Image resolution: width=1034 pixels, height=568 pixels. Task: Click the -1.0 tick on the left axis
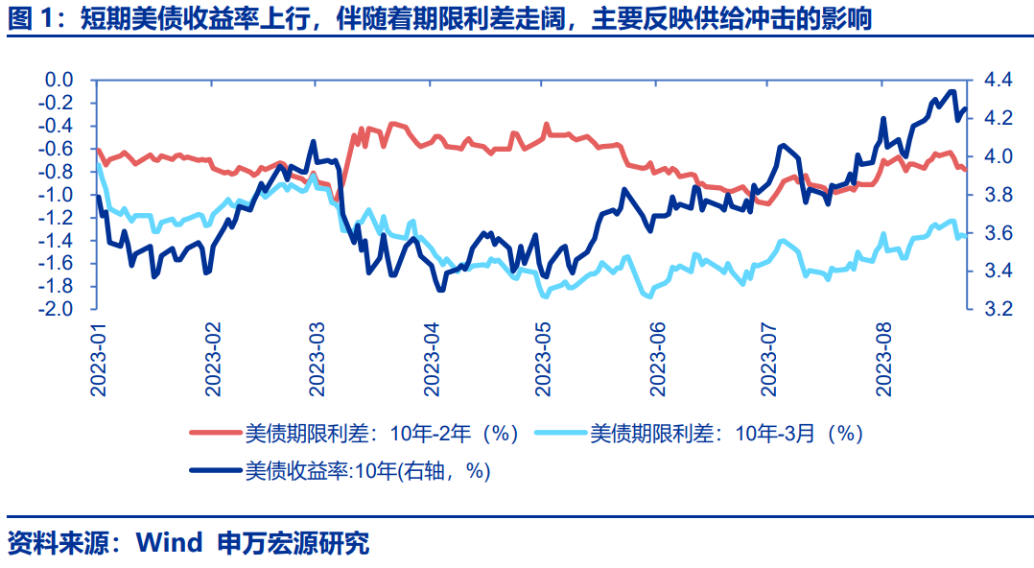[59, 195]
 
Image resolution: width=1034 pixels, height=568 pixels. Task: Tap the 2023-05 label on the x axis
[544, 359]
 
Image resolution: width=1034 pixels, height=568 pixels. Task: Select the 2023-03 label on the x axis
[320, 359]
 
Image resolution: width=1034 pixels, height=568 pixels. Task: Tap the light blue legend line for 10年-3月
[559, 434]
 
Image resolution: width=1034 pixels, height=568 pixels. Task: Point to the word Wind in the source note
[169, 543]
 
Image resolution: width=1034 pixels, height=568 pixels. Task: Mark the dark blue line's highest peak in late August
[952, 92]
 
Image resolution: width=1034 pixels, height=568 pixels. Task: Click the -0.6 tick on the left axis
[59, 149]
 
